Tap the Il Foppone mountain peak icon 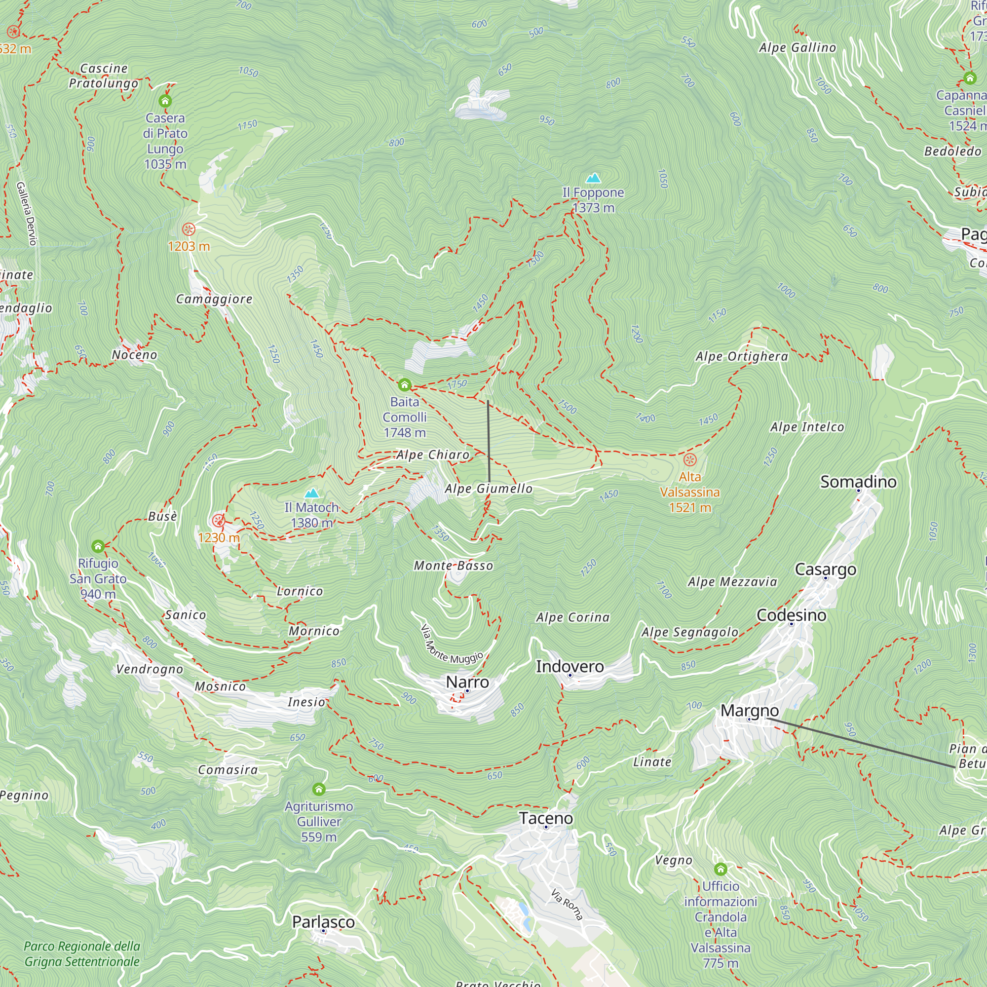pos(593,178)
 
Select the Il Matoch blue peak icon pos(311,493)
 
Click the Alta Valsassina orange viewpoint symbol pos(690,459)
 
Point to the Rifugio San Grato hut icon pos(98,546)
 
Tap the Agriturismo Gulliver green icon pos(319,789)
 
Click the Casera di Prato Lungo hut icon pos(165,101)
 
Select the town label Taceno pos(546,818)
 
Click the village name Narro pos(467,682)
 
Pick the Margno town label pos(749,710)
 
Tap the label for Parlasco pos(323,921)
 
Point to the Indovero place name pos(569,666)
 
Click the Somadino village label pos(858,481)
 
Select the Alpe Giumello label pos(489,489)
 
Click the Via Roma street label pos(567,904)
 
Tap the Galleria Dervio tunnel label pos(27,214)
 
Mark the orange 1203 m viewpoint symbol pos(189,229)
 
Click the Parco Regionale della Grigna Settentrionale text pos(82,954)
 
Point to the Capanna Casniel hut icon pos(970,78)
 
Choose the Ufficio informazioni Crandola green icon pos(721,869)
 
